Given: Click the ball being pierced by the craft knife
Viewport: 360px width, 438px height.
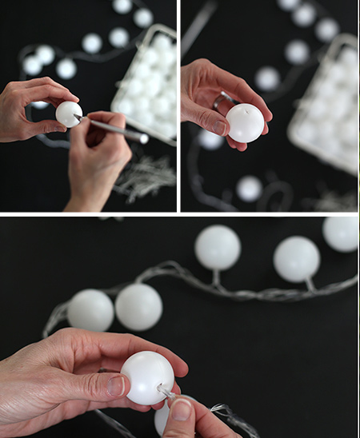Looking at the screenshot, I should (x=68, y=113).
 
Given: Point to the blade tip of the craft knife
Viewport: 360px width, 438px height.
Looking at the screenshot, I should (x=78, y=118).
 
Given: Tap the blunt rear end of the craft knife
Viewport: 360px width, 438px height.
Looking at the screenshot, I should (x=143, y=138).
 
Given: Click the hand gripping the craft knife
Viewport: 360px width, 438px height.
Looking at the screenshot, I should (x=100, y=160).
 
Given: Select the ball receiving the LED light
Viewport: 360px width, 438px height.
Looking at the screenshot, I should (x=146, y=377).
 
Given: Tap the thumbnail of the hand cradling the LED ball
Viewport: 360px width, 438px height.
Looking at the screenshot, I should (x=115, y=386).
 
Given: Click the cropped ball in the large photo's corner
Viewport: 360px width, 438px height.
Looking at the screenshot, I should (x=342, y=233).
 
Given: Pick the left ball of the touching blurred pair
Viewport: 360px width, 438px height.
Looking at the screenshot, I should (x=90, y=310).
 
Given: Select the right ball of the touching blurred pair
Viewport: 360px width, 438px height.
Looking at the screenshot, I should (x=138, y=307).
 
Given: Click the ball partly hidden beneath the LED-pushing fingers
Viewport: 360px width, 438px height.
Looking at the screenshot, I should (x=162, y=419).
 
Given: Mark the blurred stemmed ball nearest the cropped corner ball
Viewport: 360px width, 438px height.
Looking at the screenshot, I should (x=297, y=259).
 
